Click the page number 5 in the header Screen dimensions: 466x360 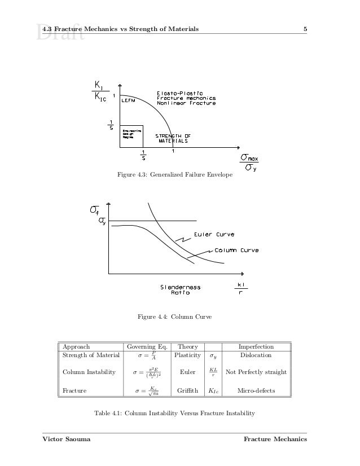[x=305, y=29]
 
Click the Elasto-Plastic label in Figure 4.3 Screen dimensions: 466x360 [x=179, y=93]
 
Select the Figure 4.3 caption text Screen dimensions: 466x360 [x=174, y=175]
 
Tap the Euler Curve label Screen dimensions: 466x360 [x=214, y=234]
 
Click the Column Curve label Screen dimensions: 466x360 [x=236, y=250]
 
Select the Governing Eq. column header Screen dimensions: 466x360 [x=146, y=346]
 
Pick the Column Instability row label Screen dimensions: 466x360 [x=89, y=372]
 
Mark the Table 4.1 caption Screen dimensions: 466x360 [x=174, y=414]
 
